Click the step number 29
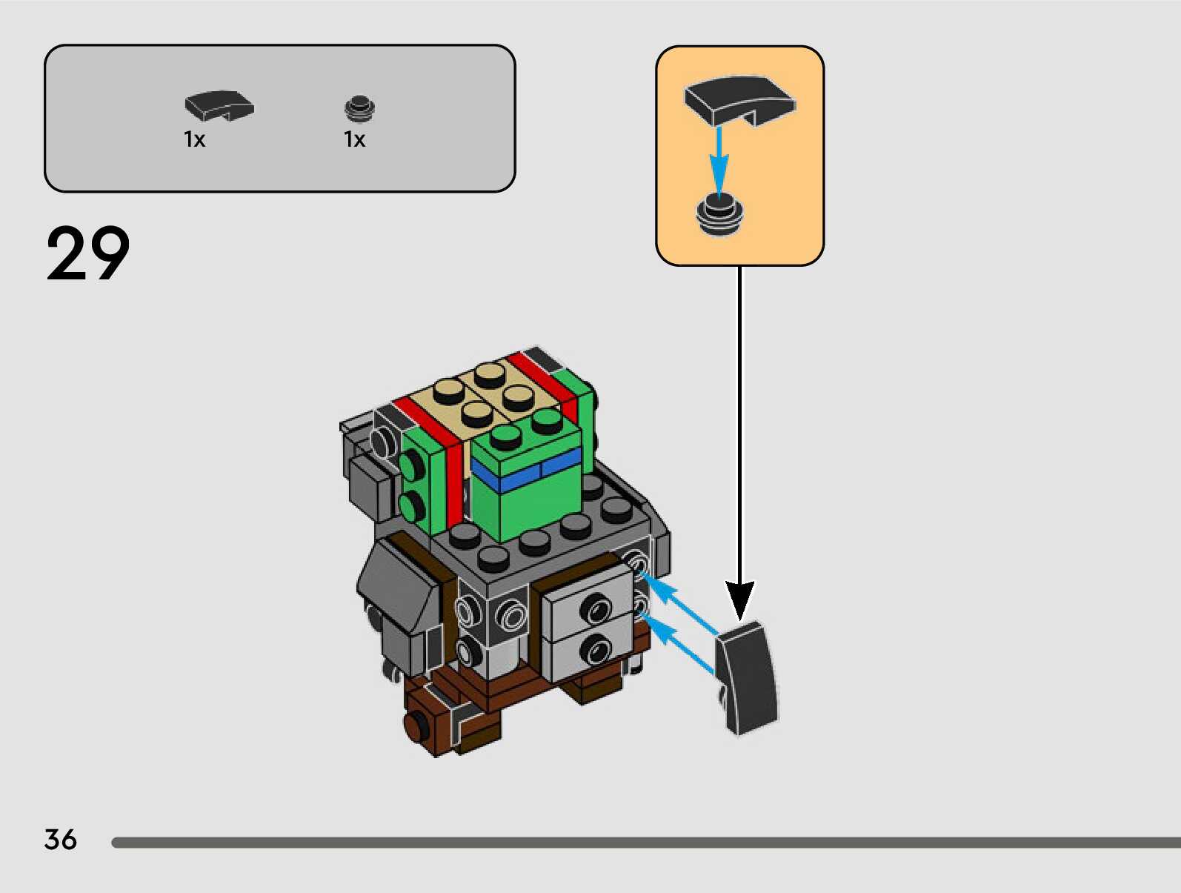click(x=87, y=253)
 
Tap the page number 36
click(x=60, y=840)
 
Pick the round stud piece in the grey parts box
click(x=359, y=109)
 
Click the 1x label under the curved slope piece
click(x=194, y=139)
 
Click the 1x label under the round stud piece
click(x=354, y=139)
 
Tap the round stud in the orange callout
click(x=719, y=214)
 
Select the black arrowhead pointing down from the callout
click(x=739, y=599)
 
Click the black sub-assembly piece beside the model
click(x=747, y=678)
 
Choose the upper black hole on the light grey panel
click(x=595, y=608)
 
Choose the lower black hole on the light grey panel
click(x=594, y=651)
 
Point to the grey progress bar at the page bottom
click(x=645, y=843)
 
